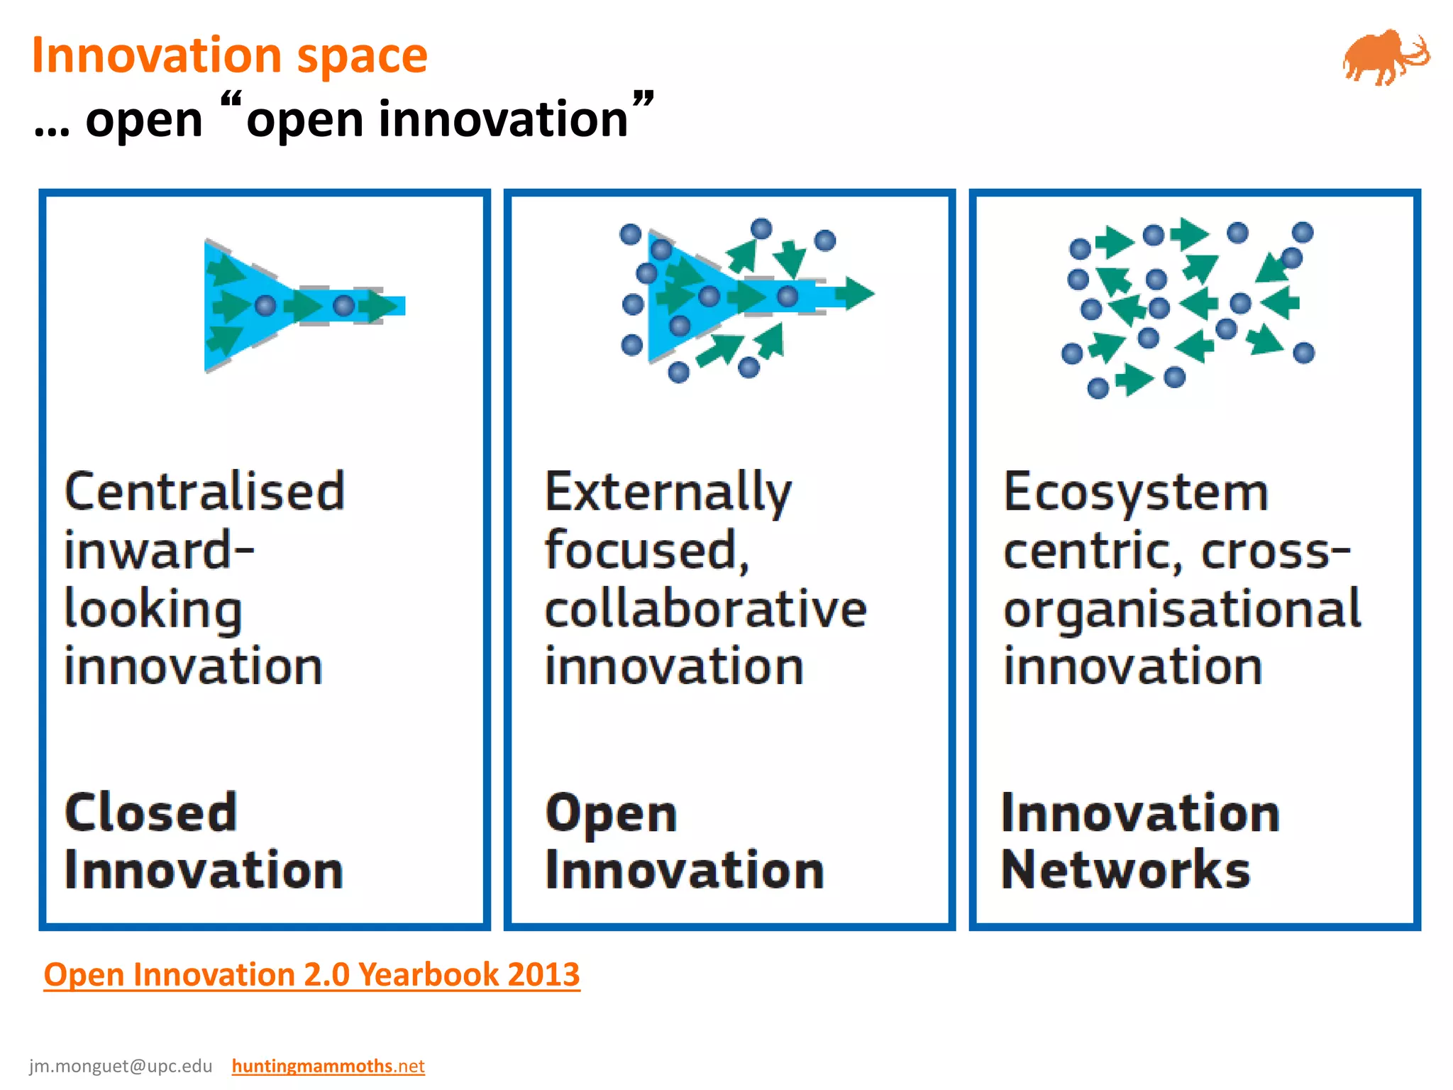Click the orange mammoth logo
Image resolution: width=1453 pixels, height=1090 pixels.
click(1383, 58)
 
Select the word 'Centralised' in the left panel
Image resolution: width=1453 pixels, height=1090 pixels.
click(205, 492)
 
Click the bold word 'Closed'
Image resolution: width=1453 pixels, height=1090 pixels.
click(150, 813)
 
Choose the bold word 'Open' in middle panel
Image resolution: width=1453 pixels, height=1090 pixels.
click(611, 815)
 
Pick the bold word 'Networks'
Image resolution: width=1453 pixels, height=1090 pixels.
click(1125, 870)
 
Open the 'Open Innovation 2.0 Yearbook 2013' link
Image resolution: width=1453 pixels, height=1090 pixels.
click(311, 974)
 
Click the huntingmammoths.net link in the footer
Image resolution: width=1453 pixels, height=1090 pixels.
click(328, 1066)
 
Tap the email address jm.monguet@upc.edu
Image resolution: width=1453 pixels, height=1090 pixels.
click(121, 1066)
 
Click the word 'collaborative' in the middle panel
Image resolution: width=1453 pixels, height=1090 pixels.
click(705, 609)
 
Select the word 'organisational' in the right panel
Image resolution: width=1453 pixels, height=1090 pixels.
click(1181, 609)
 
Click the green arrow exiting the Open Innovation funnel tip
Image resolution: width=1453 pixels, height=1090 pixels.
click(857, 293)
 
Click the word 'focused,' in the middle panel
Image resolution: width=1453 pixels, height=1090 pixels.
click(646, 551)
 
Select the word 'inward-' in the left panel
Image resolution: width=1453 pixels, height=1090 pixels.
click(159, 551)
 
